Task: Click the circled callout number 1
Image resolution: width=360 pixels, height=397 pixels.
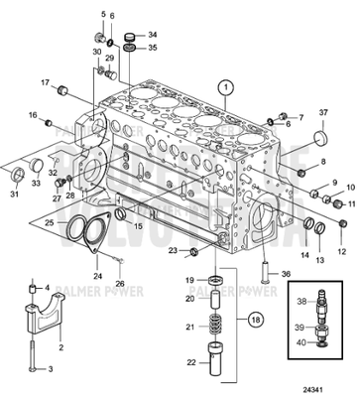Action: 226,86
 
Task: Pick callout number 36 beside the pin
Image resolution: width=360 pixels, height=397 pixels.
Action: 286,274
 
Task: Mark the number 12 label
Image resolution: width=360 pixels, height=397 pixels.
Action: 343,237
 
